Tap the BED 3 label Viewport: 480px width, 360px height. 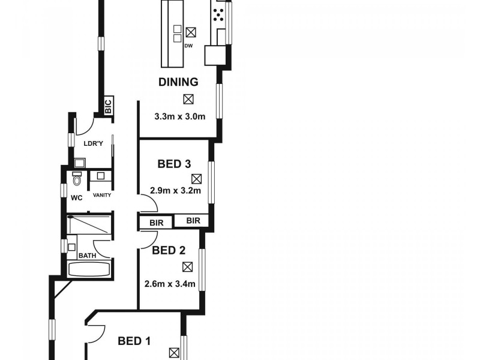coord(174,163)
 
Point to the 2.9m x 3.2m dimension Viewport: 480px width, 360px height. coord(174,191)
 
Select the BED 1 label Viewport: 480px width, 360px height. coord(134,341)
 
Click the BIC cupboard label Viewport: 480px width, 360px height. coord(108,107)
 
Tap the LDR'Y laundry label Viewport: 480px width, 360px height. coord(92,143)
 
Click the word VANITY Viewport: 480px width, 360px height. coord(101,195)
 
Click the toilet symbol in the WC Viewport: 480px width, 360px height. coord(76,179)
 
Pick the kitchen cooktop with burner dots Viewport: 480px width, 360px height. coord(218,13)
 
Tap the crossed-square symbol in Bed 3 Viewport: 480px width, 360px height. coord(197,178)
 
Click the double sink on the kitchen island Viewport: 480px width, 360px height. coord(177,34)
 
